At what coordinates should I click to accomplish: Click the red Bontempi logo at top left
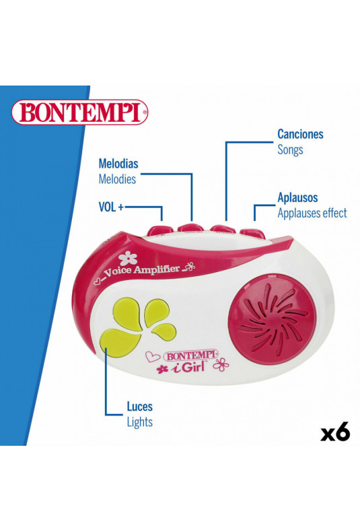coord(80,112)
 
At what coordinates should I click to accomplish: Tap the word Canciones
coord(300,134)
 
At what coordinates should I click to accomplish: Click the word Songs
coord(290,149)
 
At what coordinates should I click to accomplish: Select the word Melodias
coord(118,164)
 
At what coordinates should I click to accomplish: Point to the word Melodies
coord(117,179)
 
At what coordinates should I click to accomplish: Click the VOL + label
coord(111,207)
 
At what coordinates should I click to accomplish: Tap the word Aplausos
coord(297,197)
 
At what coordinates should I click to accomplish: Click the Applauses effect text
coord(312,213)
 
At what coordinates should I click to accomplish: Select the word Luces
coord(140,407)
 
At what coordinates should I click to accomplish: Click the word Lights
coord(140,422)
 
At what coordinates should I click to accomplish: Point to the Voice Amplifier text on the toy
coord(141,271)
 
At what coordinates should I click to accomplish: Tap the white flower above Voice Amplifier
coord(128,259)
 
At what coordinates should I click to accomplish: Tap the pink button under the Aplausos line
coord(252,234)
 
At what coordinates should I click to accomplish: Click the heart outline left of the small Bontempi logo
coord(153,356)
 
